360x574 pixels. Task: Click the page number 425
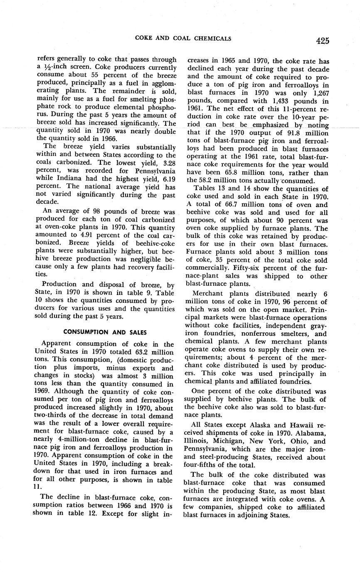pos(322,40)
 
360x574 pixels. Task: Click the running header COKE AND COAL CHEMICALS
pos(183,39)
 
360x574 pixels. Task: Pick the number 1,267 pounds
pos(318,93)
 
